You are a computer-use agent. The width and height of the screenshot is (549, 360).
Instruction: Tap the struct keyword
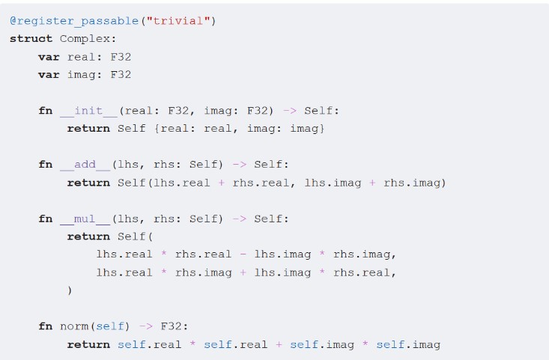(31, 39)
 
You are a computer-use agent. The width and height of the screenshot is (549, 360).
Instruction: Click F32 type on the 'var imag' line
(121, 75)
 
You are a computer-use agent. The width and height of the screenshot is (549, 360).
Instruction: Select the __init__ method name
(88, 111)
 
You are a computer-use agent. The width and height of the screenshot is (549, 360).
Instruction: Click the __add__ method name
(85, 165)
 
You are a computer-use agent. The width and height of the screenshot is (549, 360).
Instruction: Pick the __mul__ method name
(85, 219)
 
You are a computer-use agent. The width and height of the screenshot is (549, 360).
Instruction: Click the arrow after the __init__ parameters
(289, 111)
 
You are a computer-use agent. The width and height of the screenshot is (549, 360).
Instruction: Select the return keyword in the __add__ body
(88, 183)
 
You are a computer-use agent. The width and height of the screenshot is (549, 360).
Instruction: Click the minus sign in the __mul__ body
(243, 254)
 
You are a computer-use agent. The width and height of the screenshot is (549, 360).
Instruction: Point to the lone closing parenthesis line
(70, 290)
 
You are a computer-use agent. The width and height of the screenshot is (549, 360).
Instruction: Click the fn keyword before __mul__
(46, 219)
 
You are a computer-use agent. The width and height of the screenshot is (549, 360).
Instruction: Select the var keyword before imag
(49, 75)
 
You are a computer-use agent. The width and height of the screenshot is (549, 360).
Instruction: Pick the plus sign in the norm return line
(279, 344)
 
